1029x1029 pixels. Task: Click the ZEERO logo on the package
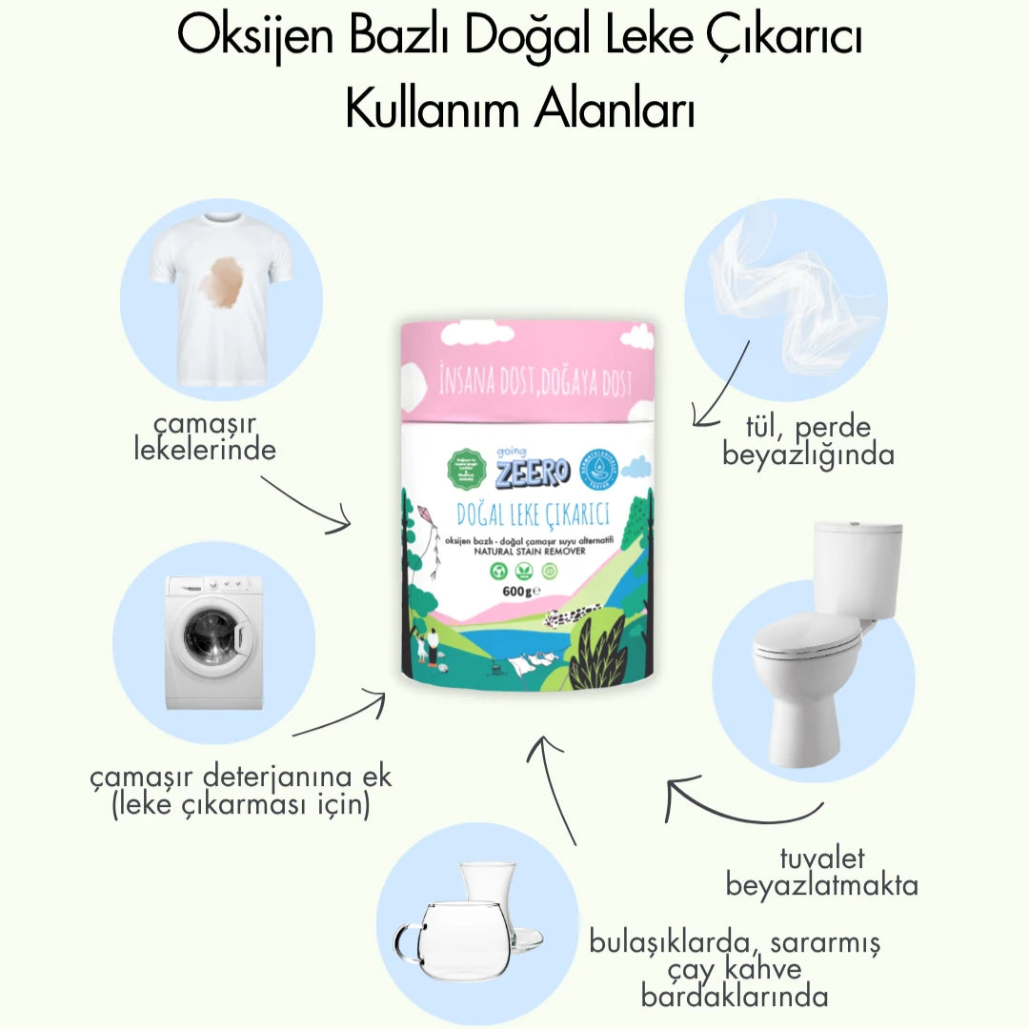[531, 471]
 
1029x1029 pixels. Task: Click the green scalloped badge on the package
[466, 467]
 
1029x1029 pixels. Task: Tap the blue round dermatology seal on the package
[600, 467]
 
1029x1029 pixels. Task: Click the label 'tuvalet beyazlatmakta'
[821, 872]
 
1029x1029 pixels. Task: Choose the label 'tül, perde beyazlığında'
[808, 441]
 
